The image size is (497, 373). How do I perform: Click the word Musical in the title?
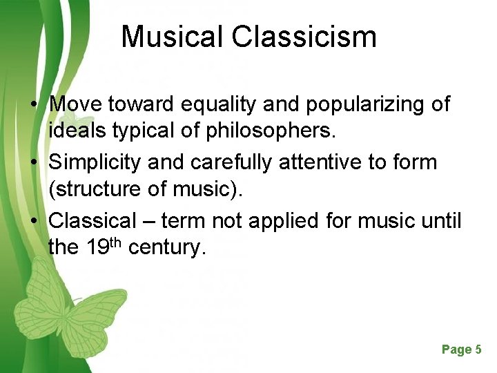(x=173, y=37)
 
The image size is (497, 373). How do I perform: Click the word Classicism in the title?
(x=304, y=37)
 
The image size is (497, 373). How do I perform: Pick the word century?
(x=167, y=247)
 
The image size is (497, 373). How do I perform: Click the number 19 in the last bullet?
(x=99, y=247)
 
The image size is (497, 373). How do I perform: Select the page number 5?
(x=478, y=350)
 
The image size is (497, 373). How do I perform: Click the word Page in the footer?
(x=456, y=350)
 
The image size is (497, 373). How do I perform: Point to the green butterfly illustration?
(x=69, y=304)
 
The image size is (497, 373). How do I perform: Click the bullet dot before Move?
(x=33, y=105)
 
